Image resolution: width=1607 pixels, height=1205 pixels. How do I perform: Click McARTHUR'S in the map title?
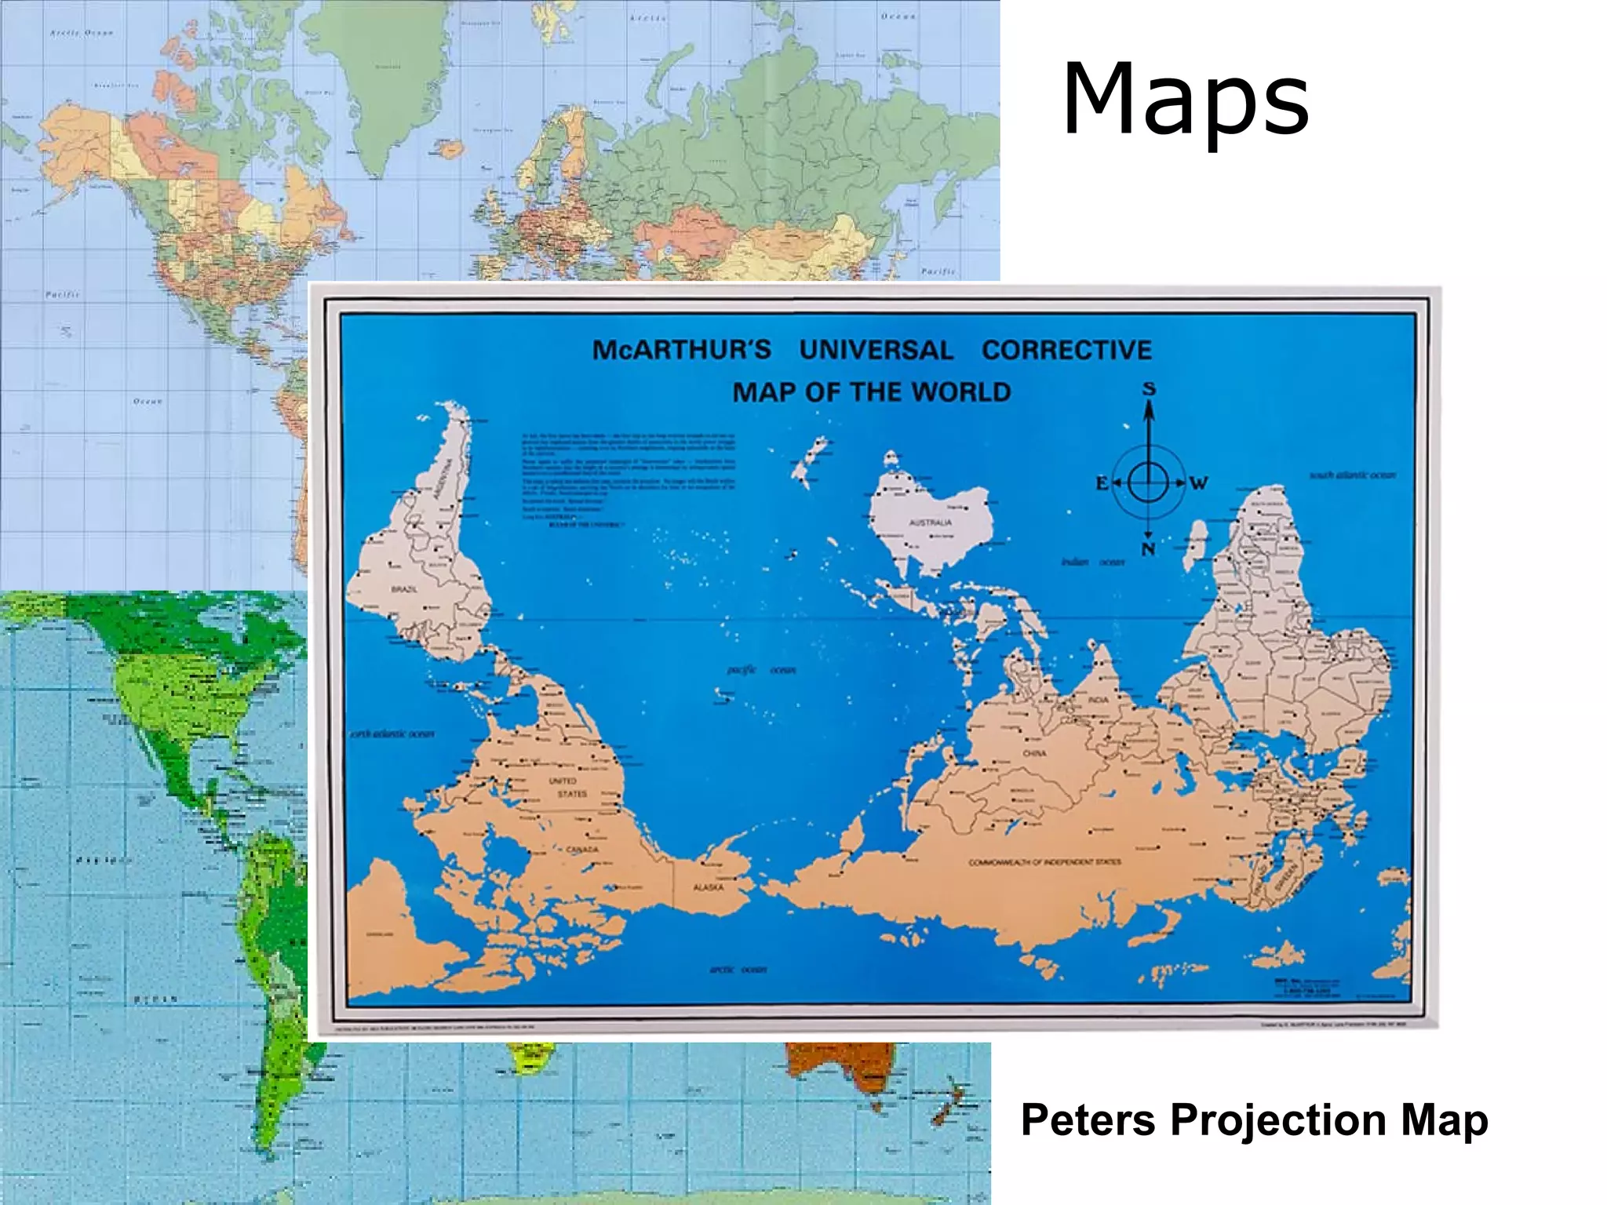point(682,350)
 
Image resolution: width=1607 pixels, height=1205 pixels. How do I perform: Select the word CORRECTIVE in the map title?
point(1066,350)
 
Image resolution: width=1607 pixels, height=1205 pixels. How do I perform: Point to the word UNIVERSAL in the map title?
point(876,350)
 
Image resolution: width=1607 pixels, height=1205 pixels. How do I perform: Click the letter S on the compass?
point(1149,389)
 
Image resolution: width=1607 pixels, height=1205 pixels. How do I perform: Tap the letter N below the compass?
point(1148,549)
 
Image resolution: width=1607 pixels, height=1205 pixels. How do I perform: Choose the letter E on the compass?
point(1102,484)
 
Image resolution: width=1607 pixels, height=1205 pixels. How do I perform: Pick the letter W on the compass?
point(1198,484)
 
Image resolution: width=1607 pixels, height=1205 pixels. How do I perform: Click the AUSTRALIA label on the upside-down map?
point(931,522)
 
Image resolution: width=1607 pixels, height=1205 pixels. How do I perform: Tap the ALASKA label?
point(708,887)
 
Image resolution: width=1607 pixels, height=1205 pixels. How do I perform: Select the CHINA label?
point(1034,753)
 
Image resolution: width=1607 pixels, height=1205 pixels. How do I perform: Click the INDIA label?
point(1099,699)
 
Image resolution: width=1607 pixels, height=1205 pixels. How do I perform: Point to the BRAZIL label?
point(404,588)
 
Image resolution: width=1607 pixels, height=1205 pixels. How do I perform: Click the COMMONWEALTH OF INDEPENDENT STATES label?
point(1045,862)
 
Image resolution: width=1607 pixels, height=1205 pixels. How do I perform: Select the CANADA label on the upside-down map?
point(582,850)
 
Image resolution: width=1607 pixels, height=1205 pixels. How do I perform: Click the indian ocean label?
point(1093,562)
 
